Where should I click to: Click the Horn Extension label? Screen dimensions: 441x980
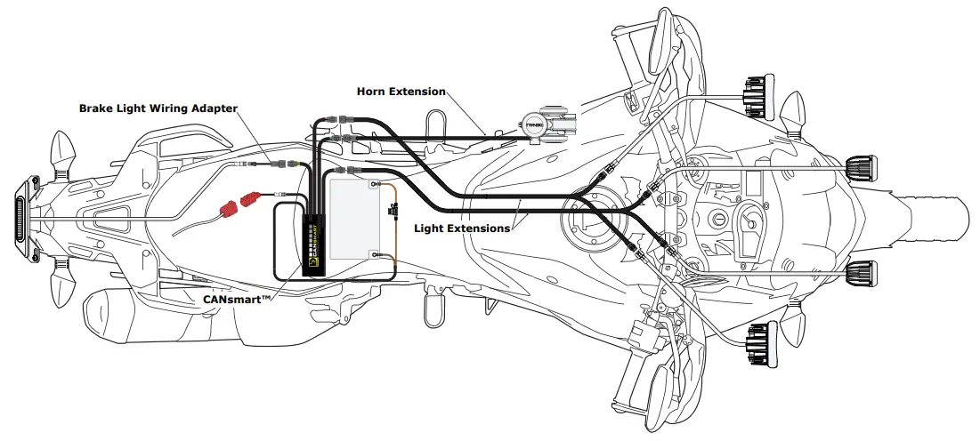(x=401, y=92)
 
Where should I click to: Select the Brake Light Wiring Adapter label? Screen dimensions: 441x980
(x=158, y=108)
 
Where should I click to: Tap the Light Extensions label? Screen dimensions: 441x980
(x=462, y=229)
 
